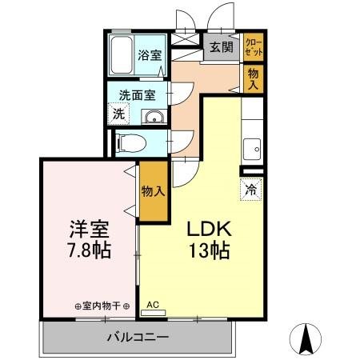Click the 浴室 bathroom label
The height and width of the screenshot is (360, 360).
(x=150, y=56)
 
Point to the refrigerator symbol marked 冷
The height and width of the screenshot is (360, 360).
(x=250, y=190)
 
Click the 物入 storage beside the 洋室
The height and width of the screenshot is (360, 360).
(x=153, y=191)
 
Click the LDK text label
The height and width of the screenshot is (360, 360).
(x=210, y=228)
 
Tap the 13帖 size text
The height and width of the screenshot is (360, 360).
(x=210, y=250)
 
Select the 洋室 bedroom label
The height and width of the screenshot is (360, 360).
(x=86, y=226)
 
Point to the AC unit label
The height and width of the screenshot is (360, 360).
(x=153, y=305)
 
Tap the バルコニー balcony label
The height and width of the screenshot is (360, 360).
(x=138, y=337)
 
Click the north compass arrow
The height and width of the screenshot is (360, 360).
(x=306, y=339)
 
